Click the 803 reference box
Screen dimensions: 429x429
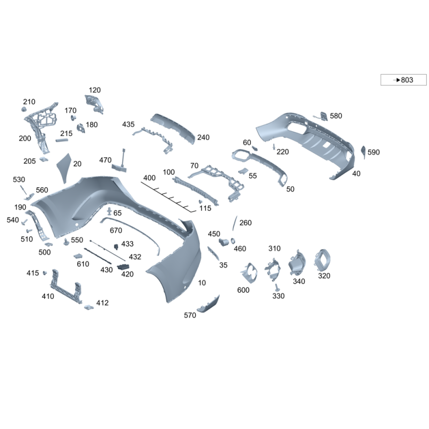point(403,79)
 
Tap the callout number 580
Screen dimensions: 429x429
point(336,116)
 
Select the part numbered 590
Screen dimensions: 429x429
point(364,152)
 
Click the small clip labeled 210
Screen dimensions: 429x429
point(24,109)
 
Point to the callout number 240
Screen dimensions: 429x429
point(203,137)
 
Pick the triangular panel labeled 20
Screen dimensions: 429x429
point(64,167)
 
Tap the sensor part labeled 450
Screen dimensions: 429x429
point(224,242)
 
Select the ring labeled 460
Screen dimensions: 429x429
point(233,241)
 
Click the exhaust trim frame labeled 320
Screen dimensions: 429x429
point(322,260)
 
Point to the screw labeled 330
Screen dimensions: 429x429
point(277,287)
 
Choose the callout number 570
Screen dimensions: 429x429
point(190,315)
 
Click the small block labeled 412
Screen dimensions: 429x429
point(88,307)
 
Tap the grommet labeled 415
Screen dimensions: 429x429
point(45,273)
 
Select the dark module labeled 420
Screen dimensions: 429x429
point(123,267)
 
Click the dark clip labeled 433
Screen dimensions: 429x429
point(116,247)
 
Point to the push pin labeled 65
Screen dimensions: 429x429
point(109,211)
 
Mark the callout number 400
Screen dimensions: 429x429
point(150,177)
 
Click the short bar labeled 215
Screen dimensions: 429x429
point(62,140)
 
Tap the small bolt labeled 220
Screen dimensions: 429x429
point(273,146)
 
